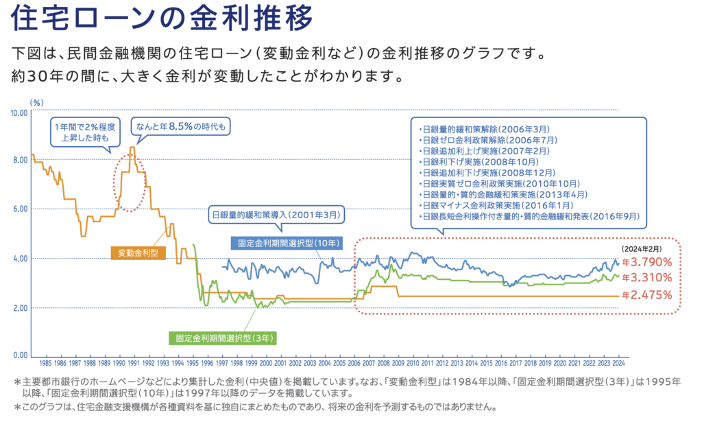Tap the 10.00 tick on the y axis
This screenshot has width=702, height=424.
(19, 112)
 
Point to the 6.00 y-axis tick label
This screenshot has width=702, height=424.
(19, 209)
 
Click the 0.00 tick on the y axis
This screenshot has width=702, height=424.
(19, 355)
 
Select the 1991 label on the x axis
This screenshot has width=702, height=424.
(134, 364)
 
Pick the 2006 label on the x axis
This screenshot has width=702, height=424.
(354, 364)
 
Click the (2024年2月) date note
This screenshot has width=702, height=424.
(644, 249)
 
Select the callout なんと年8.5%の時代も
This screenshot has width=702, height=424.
(182, 126)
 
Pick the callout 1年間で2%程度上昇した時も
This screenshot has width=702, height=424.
(85, 132)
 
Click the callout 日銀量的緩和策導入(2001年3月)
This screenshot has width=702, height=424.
(276, 215)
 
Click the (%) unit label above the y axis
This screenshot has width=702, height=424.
(36, 102)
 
